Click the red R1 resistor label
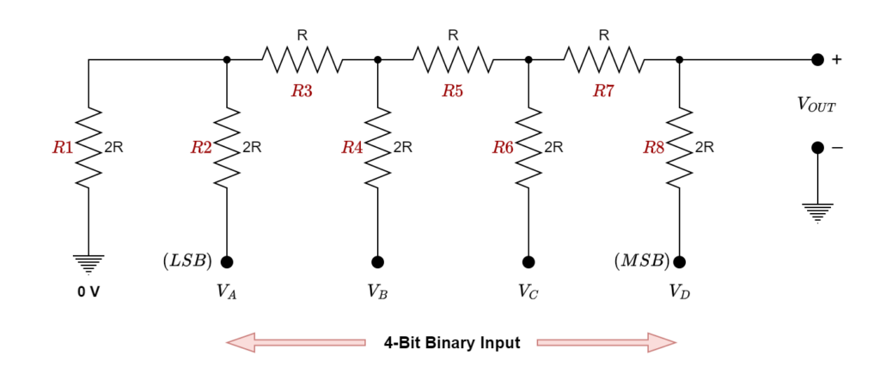pyautogui.click(x=62, y=148)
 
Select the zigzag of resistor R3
pyautogui.click(x=302, y=60)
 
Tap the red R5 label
pyautogui.click(x=453, y=92)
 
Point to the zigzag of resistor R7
pyautogui.click(x=603, y=60)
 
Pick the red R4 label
pyautogui.click(x=352, y=148)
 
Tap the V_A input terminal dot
pyautogui.click(x=227, y=262)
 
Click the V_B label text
pyautogui.click(x=377, y=292)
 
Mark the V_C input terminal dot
pyautogui.click(x=529, y=262)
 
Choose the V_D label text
pyautogui.click(x=679, y=292)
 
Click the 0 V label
pyautogui.click(x=89, y=292)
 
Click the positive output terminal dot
pyautogui.click(x=817, y=59)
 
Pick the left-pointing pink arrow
pyautogui.click(x=296, y=342)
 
